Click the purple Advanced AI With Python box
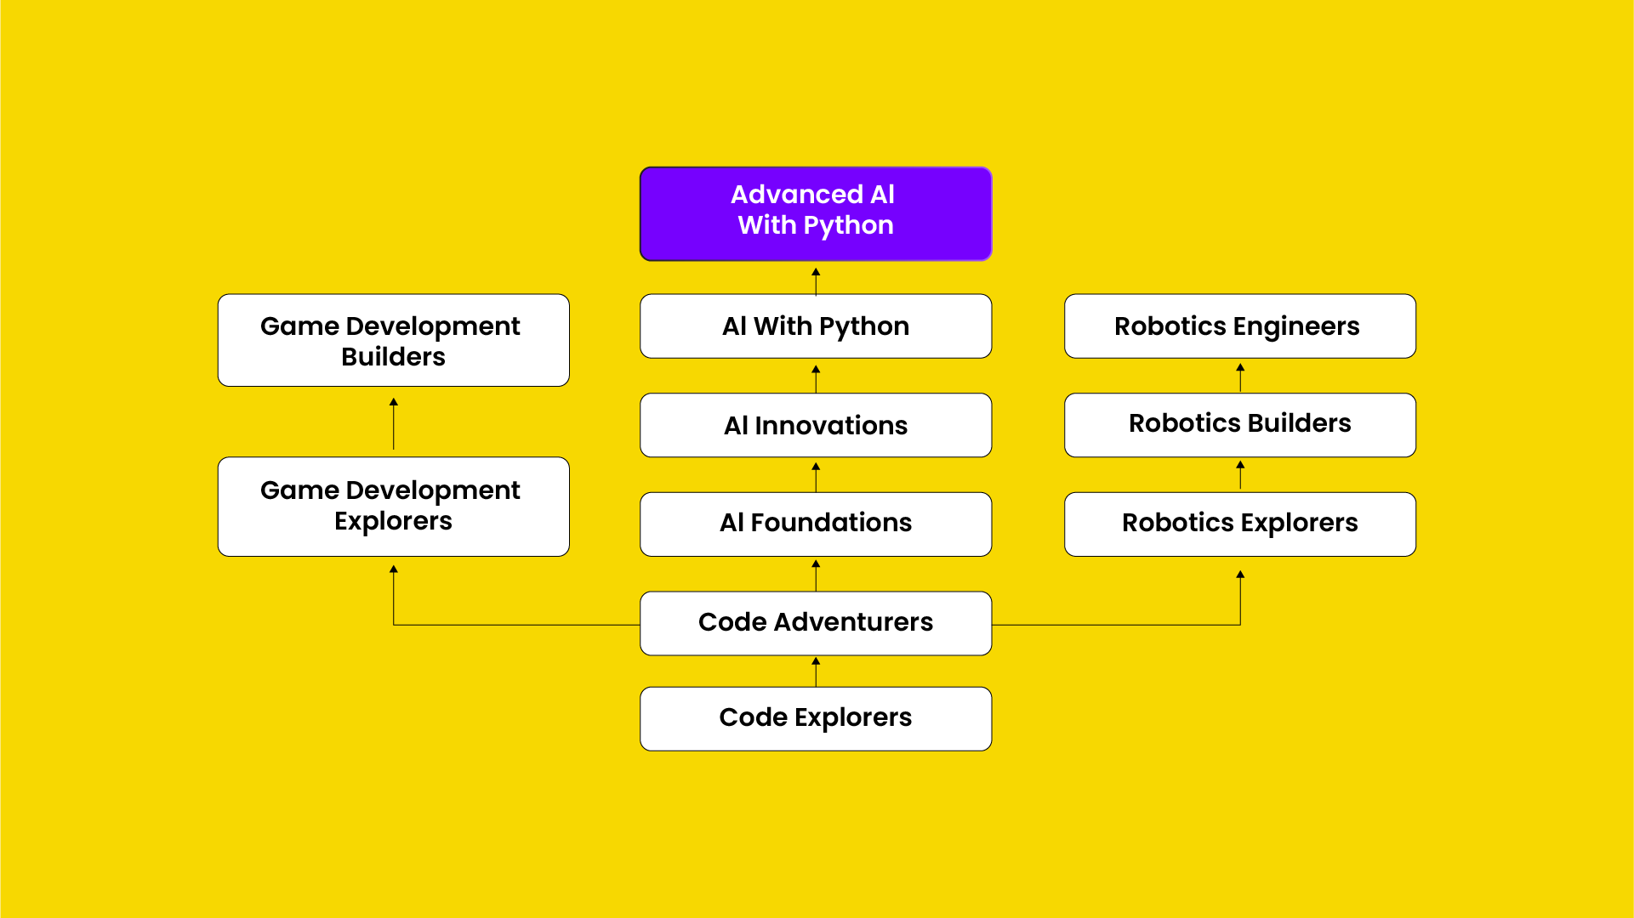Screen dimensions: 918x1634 pos(816,213)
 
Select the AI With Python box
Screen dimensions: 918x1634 pos(816,326)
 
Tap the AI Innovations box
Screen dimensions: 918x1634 pos(816,425)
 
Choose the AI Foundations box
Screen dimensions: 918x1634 pos(816,524)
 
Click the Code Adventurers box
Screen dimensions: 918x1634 pos(816,623)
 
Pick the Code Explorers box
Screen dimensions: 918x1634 pos(816,718)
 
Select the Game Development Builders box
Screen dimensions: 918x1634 pos(393,340)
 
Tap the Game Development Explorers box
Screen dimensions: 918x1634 pos(393,507)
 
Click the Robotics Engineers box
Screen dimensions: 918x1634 pos(1239,326)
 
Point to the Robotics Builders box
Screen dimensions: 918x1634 pos(1239,424)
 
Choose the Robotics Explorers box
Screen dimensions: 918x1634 pos(1239,524)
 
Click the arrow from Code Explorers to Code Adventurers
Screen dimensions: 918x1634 pos(816,671)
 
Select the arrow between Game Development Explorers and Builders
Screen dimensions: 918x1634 pos(393,423)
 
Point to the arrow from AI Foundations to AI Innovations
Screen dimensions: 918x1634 pos(816,476)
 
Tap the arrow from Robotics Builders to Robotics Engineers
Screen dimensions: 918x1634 pos(1240,377)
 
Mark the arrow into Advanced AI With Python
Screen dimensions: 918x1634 pos(816,280)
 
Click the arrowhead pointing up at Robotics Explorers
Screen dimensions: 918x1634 pos(1240,575)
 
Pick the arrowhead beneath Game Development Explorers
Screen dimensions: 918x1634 pos(393,569)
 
